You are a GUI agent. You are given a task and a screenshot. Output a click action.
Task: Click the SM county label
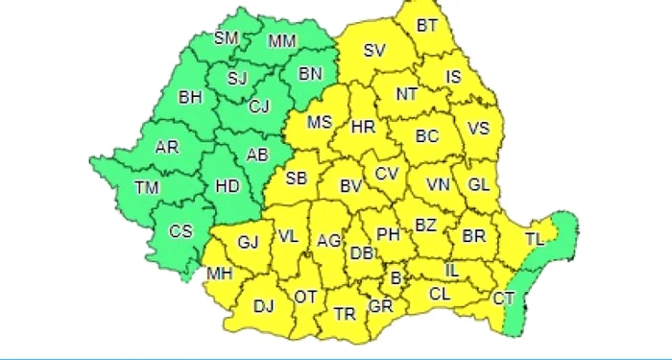[225, 38]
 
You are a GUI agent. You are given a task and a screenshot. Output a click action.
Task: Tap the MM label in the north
[282, 41]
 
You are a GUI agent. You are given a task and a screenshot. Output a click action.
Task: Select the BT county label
[427, 27]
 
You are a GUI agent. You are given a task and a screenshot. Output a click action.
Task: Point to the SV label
[374, 51]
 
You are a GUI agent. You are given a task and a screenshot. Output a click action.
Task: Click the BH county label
[190, 97]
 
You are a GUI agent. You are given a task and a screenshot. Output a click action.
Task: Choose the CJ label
[259, 107]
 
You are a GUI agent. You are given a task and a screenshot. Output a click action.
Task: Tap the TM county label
[146, 188]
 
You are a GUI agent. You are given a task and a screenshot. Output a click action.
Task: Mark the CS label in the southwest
[180, 231]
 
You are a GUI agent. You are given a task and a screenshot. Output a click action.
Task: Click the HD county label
[228, 188]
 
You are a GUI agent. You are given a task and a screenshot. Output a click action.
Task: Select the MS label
[319, 122]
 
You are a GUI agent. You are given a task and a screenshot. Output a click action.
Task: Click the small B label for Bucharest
[395, 278]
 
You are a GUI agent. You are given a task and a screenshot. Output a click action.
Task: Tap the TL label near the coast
[536, 239]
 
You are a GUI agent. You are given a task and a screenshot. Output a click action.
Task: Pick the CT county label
[503, 300]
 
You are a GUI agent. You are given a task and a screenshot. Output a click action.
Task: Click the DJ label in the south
[263, 307]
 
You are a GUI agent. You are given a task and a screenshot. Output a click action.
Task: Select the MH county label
[221, 275]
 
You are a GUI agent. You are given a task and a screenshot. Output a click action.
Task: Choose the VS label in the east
[478, 128]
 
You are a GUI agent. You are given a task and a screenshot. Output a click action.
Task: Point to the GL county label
[478, 185]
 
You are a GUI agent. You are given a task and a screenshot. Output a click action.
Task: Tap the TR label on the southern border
[344, 313]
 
